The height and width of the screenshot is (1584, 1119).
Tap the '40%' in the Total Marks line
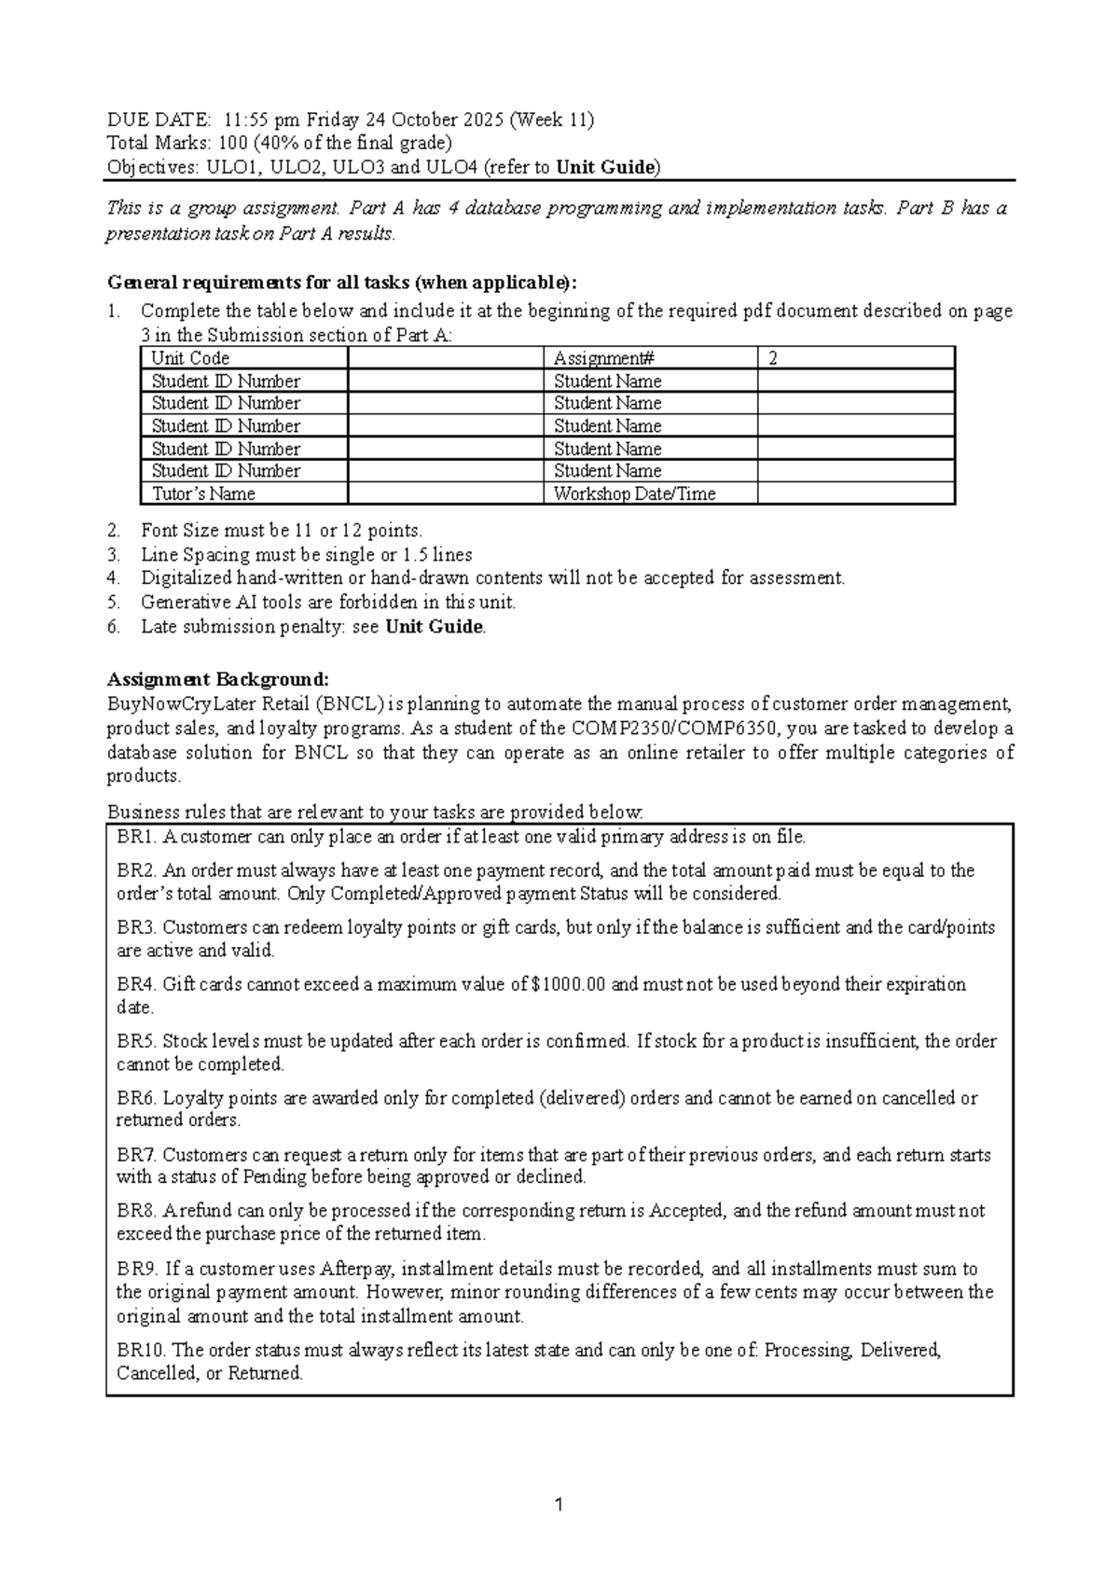(x=282, y=143)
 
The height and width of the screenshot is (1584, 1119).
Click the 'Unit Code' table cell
(x=190, y=358)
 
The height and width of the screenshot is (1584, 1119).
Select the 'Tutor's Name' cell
(x=203, y=493)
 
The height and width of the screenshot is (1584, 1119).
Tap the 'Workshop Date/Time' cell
(x=634, y=493)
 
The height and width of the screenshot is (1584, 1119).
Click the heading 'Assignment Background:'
(x=218, y=678)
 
